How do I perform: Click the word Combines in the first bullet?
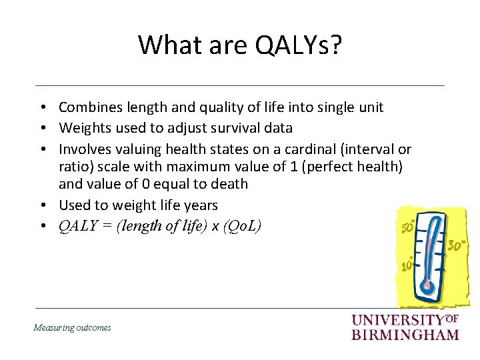(85, 107)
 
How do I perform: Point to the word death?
(227, 184)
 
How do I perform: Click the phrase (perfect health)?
(355, 167)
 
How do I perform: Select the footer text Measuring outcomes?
(72, 327)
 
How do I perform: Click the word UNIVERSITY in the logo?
(397, 321)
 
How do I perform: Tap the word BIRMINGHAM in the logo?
(405, 334)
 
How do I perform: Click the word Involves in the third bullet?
(83, 149)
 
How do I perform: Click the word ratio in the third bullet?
(73, 167)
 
